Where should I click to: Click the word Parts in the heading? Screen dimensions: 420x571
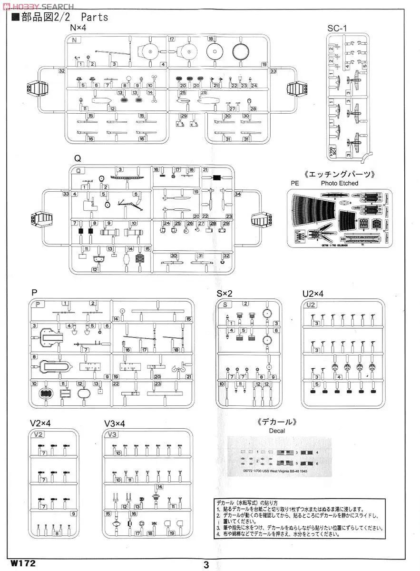pyautogui.click(x=94, y=18)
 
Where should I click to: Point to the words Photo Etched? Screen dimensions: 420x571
pyautogui.click(x=339, y=183)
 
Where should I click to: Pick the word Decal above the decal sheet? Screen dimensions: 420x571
pyautogui.click(x=276, y=431)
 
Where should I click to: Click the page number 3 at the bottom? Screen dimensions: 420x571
pyautogui.click(x=206, y=564)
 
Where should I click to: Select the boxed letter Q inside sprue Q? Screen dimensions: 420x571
pyautogui.click(x=78, y=170)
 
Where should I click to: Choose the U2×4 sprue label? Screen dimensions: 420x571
pyautogui.click(x=313, y=294)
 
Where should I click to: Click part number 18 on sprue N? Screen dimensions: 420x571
pyautogui.click(x=210, y=39)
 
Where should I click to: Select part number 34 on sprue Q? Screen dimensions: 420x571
pyautogui.click(x=238, y=194)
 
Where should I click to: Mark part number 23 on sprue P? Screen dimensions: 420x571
pyautogui.click(x=157, y=384)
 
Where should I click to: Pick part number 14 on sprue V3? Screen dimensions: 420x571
pyautogui.click(x=160, y=487)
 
